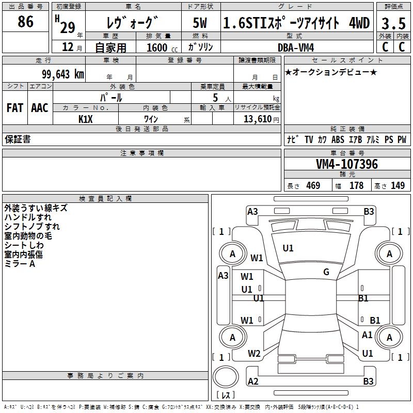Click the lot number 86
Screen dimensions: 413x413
[25, 22]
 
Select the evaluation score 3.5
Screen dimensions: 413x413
[393, 23]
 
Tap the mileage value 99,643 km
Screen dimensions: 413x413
[63, 74]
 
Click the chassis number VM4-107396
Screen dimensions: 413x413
[347, 164]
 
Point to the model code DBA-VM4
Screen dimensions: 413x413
[296, 47]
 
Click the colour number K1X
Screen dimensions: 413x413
[86, 119]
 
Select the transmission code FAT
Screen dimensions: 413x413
[15, 108]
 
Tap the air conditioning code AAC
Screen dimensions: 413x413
[40, 108]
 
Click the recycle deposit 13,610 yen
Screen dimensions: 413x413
[261, 119]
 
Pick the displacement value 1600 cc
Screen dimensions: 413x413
[162, 47]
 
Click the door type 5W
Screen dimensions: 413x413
[200, 23]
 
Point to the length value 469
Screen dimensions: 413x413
[313, 185]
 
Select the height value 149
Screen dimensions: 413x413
[398, 185]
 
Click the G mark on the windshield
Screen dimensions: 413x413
[326, 272]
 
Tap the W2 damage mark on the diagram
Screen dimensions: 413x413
[254, 354]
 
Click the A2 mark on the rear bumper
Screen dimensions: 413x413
[253, 381]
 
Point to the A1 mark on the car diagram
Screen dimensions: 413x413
[367, 335]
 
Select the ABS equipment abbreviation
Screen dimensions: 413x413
[338, 139]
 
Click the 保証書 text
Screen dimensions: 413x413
[18, 139]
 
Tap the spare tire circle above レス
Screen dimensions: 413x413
[226, 377]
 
